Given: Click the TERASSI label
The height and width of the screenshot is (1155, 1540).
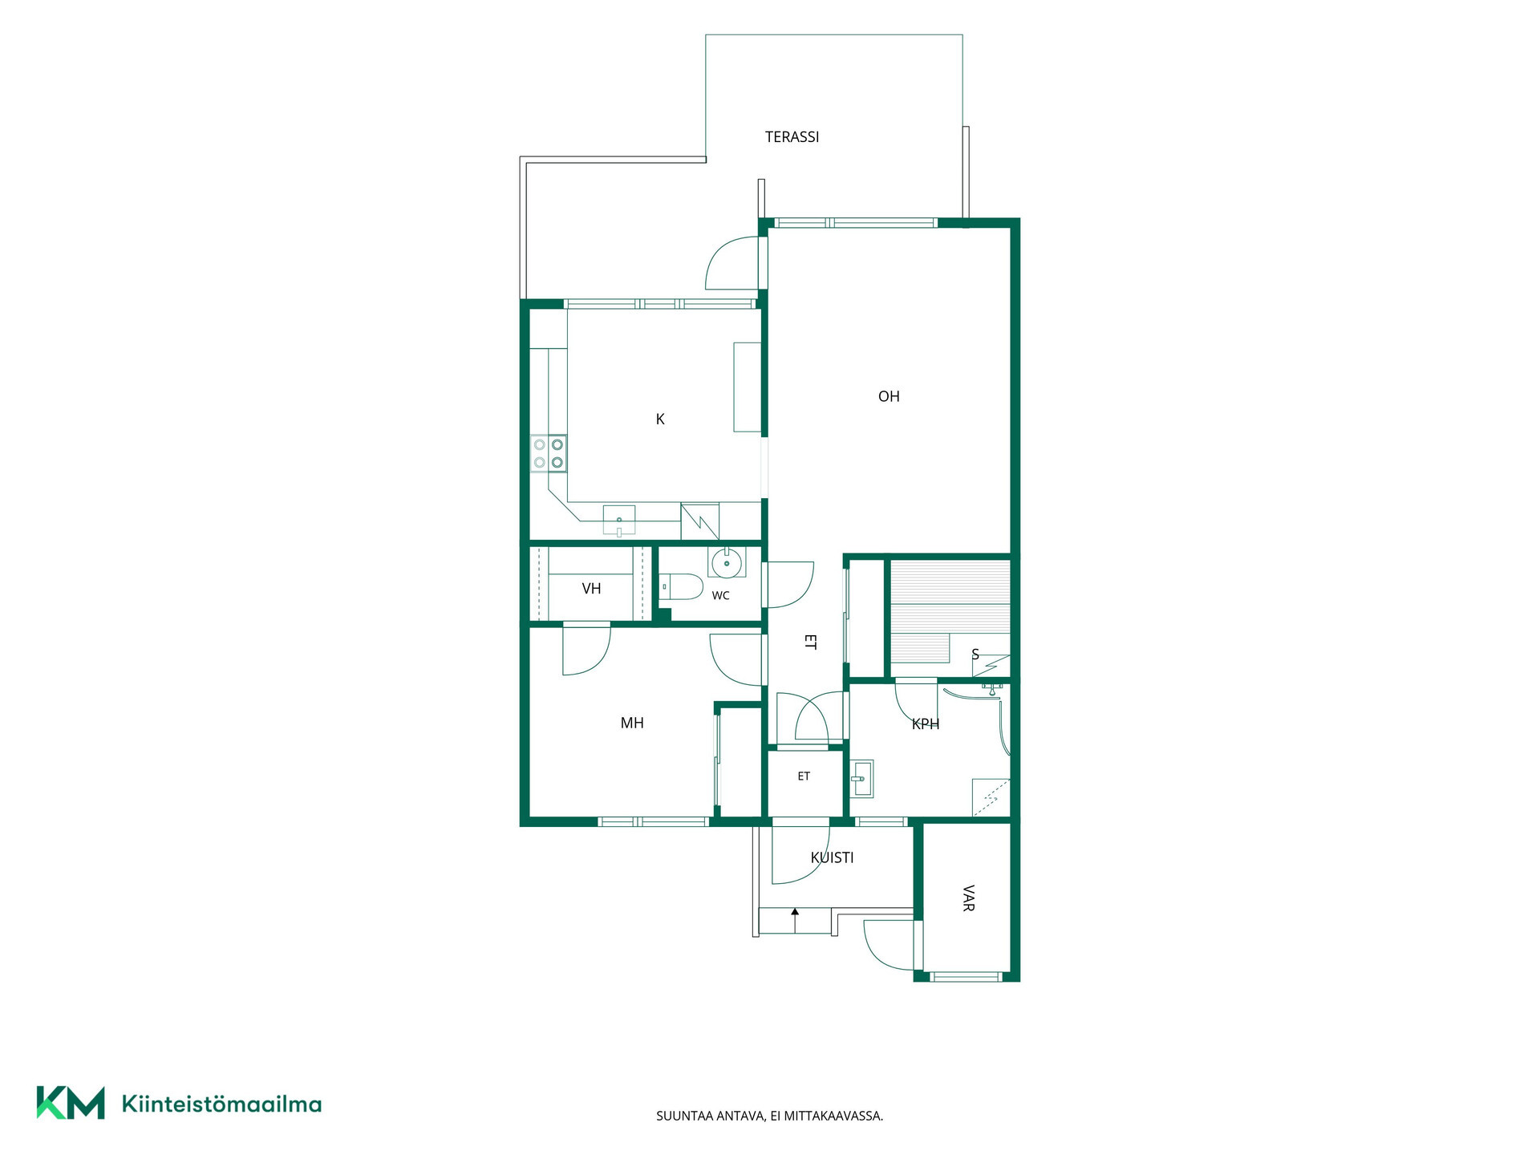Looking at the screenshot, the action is tap(792, 137).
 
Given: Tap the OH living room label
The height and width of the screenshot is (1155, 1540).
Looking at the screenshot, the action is tap(889, 396).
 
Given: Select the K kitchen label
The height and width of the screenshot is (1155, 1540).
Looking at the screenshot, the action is tap(660, 419).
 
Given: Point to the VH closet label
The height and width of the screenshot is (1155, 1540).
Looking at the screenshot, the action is tap(591, 589).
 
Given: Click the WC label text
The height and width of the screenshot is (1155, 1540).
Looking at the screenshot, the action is tap(720, 596).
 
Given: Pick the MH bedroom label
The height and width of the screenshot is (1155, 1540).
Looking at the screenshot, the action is tap(632, 723).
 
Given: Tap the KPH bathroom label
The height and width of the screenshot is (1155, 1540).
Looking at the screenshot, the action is tap(926, 723).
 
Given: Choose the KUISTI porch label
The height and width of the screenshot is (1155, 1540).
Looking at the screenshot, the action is tap(832, 857).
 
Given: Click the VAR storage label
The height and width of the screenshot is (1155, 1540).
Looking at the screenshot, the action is tap(968, 898).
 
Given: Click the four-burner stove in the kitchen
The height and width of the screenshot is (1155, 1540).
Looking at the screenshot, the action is tap(549, 453).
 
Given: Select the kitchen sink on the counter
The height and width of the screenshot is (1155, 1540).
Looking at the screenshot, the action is tap(618, 520).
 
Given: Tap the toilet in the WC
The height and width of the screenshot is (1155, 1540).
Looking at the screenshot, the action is tap(680, 587).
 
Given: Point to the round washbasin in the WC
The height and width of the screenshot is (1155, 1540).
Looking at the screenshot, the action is tap(727, 563).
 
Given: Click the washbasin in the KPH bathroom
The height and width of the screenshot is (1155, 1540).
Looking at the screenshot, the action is tap(861, 778).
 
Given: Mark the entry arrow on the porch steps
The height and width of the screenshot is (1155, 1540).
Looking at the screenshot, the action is tap(795, 920).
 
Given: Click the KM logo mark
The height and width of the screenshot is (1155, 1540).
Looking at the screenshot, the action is tap(71, 1103).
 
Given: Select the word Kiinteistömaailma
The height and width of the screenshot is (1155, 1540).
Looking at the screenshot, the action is tap(221, 1104).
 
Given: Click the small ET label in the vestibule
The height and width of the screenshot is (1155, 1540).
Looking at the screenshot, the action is tap(804, 776).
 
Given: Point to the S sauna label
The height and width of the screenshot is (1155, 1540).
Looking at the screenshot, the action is tap(975, 654).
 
